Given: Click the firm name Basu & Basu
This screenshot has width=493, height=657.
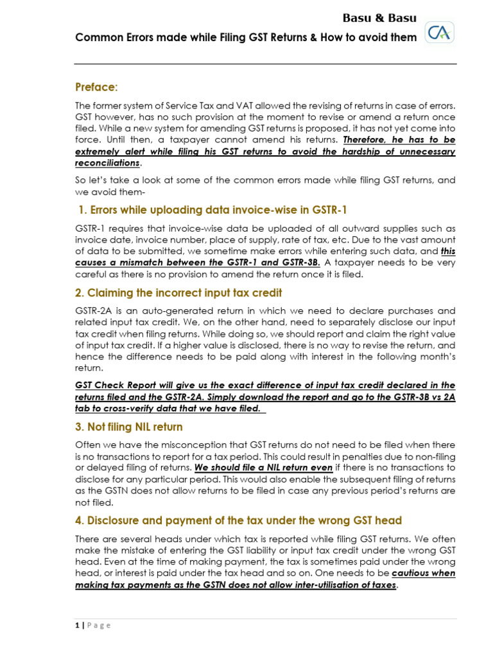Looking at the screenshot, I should tap(379, 17).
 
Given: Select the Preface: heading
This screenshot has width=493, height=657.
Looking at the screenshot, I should tap(96, 87).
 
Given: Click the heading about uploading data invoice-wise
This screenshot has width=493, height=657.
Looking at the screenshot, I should tap(212, 210).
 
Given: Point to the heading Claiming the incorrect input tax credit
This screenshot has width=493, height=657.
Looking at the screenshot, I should tap(178, 293).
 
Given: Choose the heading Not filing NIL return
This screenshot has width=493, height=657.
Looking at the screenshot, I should tap(129, 427).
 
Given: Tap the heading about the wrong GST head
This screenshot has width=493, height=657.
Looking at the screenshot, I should tap(239, 520).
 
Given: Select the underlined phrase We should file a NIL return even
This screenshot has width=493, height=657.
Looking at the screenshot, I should tap(263, 468).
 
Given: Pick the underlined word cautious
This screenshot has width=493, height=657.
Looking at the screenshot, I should tap(413, 574).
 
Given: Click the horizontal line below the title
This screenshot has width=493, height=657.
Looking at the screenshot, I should tap(266, 64).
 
